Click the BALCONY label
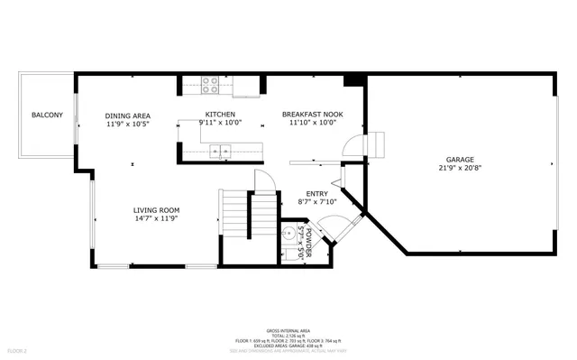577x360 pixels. (47, 115)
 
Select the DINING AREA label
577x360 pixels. (127, 115)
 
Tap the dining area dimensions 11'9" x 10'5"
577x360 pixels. (127, 125)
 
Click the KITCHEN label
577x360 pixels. (220, 115)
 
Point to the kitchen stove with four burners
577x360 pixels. (210, 85)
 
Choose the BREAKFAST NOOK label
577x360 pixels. (312, 115)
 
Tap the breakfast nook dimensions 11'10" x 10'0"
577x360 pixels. (312, 124)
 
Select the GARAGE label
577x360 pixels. (460, 160)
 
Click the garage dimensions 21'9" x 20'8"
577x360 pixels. (460, 169)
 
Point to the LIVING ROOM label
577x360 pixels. (157, 210)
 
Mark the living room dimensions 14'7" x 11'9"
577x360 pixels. (157, 218)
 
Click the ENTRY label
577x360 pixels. (316, 193)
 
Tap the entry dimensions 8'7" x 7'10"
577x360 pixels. (316, 202)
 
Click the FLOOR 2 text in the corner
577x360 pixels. (18, 350)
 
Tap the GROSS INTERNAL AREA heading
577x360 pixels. (289, 331)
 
